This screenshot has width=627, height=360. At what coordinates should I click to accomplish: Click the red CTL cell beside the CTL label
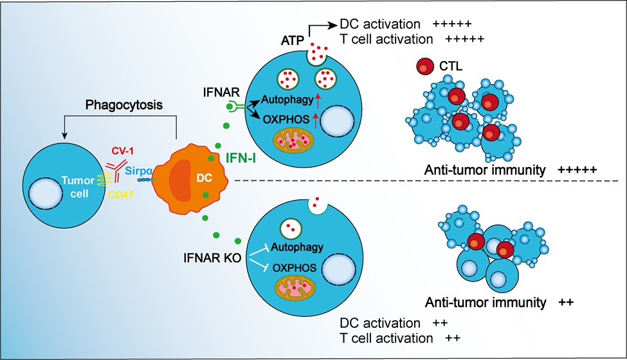[x=424, y=67]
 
